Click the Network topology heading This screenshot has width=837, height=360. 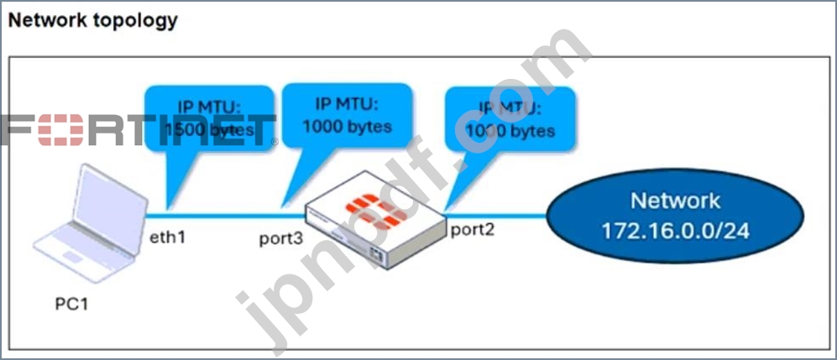tap(92, 20)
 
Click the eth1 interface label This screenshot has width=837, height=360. tap(168, 237)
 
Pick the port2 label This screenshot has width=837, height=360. tap(473, 229)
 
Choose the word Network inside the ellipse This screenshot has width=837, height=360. tap(675, 201)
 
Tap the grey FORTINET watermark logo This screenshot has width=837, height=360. tap(139, 132)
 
